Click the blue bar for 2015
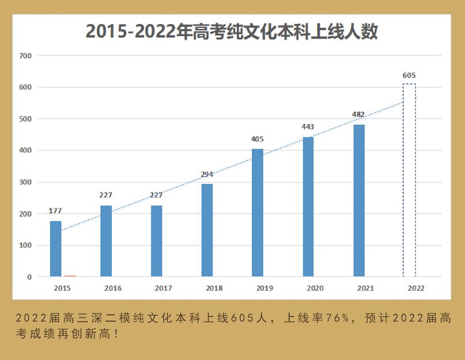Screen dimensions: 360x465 (55, 249)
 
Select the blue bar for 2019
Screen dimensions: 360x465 (257, 213)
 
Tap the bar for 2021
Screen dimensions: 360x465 (359, 200)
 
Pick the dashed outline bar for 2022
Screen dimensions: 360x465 (409, 180)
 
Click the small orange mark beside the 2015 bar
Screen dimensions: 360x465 (70, 276)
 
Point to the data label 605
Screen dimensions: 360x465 (409, 75)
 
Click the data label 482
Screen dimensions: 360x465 (359, 115)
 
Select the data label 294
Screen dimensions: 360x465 (207, 174)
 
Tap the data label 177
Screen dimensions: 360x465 (55, 211)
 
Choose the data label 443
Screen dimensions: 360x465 (308, 127)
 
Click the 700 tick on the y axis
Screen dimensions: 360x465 (25, 56)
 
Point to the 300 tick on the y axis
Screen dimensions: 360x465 (25, 182)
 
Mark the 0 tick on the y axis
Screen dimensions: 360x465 (29, 277)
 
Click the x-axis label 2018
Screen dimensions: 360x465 (214, 288)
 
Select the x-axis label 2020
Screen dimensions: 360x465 (315, 288)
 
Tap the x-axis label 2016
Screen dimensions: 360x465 (113, 288)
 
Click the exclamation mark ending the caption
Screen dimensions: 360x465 (118, 334)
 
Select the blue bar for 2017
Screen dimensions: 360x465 (157, 241)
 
